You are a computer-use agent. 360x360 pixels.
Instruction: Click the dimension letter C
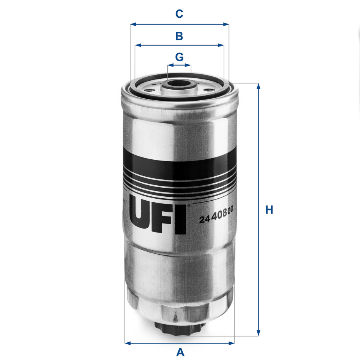click(179, 14)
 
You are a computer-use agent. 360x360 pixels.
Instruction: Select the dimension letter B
click(179, 36)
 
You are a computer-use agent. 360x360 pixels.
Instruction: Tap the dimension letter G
click(179, 57)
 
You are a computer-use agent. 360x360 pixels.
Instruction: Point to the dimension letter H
click(269, 210)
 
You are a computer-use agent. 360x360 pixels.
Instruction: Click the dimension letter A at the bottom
click(180, 351)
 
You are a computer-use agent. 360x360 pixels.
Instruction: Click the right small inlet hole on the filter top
click(208, 90)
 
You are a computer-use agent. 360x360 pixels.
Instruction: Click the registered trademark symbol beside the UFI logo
click(189, 205)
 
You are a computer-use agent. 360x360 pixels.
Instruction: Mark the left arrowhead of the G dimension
click(170, 65)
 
